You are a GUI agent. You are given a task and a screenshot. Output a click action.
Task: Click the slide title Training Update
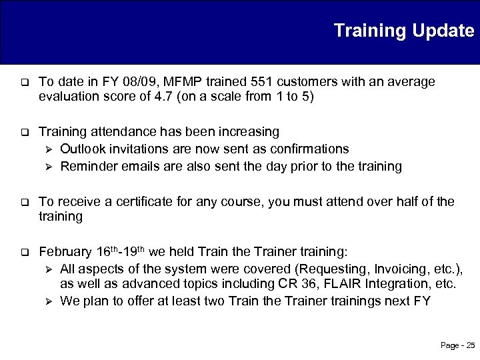(403, 31)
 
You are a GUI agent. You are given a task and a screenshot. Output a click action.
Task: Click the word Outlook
(82, 148)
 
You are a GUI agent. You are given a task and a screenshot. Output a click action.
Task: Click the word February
(65, 252)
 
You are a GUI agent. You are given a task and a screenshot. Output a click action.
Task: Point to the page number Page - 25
(457, 345)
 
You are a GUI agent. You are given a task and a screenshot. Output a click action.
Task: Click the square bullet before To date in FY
(24, 83)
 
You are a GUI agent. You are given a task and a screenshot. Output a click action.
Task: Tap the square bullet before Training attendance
(24, 132)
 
